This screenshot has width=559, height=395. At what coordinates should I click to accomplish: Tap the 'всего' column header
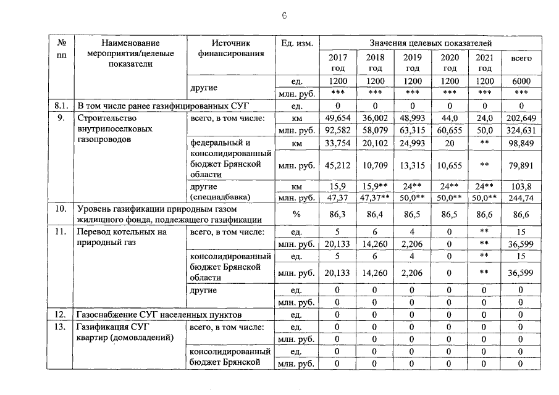[521, 57]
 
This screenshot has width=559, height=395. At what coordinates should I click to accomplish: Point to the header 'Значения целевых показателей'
[431, 43]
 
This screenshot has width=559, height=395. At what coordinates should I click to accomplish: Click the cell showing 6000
[521, 81]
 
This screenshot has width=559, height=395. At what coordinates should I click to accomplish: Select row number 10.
[61, 209]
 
